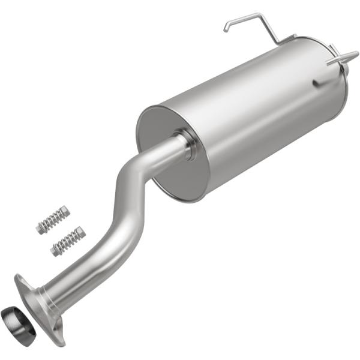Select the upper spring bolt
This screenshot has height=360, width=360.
coord(53,219)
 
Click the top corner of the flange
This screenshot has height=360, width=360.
coord(19,278)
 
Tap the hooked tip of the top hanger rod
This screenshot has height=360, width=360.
coord(227,27)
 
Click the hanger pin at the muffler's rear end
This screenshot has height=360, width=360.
coord(339,59)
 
